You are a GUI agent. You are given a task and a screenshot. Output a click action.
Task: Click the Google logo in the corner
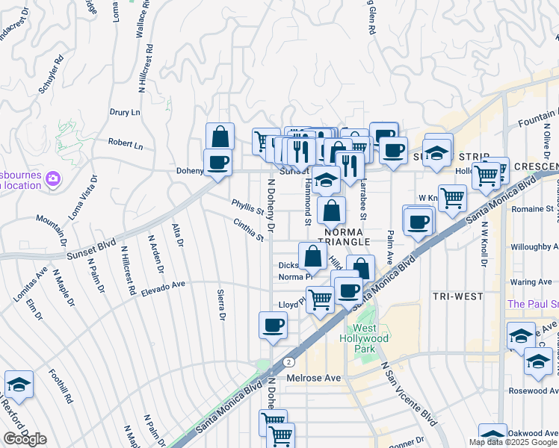[24, 439]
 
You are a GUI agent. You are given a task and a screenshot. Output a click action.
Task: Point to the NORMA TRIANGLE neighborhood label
[337, 237]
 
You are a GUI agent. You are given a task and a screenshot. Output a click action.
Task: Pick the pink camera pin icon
[53, 178]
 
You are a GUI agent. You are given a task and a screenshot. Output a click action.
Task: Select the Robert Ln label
[125, 143]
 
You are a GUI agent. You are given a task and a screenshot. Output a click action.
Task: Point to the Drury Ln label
[125, 113]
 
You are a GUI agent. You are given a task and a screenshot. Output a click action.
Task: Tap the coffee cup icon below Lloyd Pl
[273, 325]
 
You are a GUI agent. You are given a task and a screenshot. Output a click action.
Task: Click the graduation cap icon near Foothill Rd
[19, 385]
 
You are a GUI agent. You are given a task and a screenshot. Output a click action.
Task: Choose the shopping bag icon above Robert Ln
[220, 137]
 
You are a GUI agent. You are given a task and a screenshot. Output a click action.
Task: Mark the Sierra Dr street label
[220, 305]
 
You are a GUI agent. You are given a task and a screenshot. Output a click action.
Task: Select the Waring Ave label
[531, 281]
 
